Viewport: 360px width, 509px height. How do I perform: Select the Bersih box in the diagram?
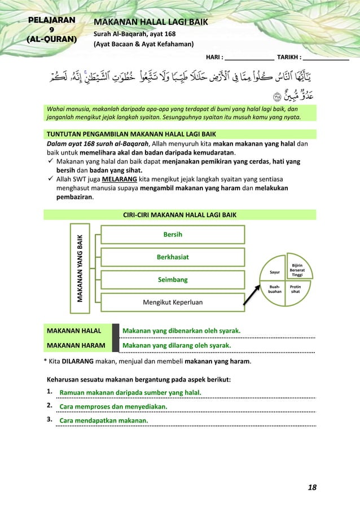(173, 234)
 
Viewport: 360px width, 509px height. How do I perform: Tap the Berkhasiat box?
(173, 257)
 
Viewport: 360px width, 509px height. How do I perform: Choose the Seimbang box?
(173, 279)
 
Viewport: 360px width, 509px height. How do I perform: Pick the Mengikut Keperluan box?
(173, 302)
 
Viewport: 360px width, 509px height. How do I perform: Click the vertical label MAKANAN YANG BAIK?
(81, 268)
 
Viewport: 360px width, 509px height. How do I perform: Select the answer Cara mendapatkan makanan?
(104, 420)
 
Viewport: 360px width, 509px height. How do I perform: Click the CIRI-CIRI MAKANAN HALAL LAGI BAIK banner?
(179, 215)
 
